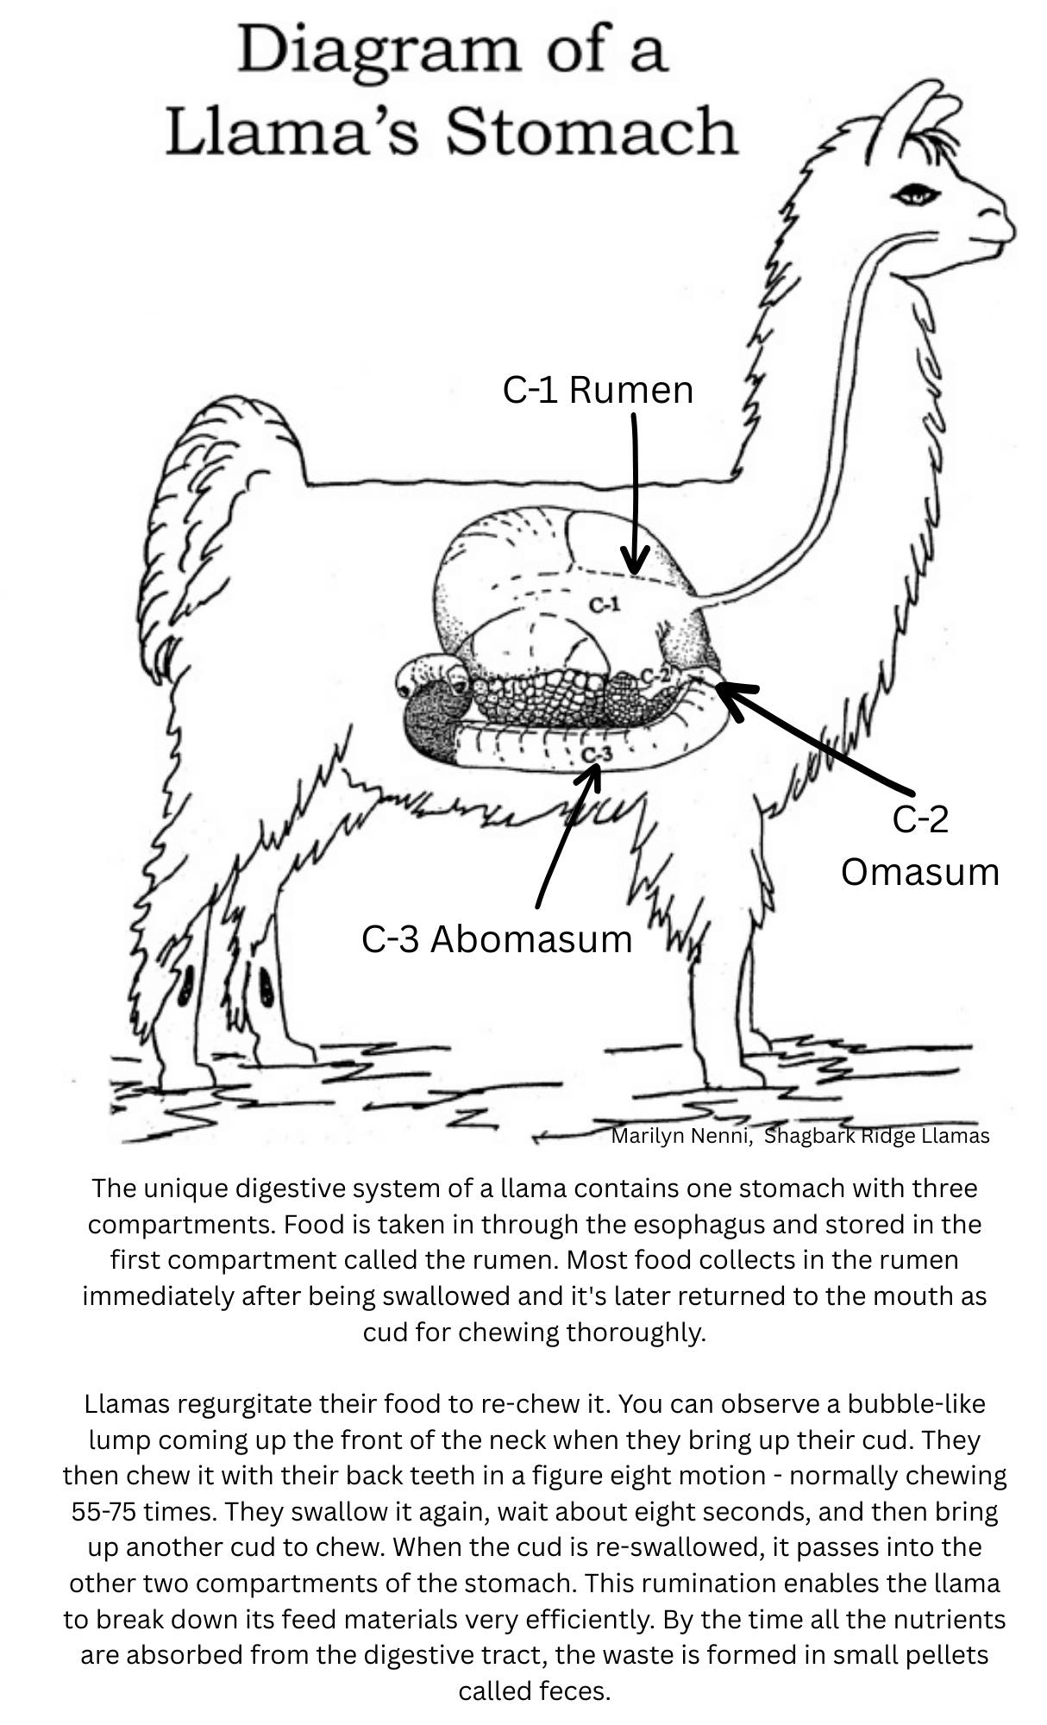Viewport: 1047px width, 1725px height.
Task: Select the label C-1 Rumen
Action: [x=598, y=390]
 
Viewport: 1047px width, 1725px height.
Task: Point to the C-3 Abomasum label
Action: [x=497, y=938]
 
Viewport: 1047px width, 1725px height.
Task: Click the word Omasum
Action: [x=919, y=871]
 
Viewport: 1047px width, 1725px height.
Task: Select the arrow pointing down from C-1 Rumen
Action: [x=635, y=492]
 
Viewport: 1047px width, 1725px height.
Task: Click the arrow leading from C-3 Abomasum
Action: [x=567, y=833]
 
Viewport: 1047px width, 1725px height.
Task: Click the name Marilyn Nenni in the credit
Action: [x=679, y=1136]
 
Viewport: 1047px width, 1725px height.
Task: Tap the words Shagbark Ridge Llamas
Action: [x=877, y=1136]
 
